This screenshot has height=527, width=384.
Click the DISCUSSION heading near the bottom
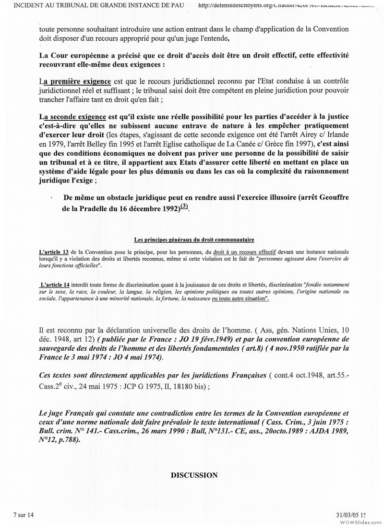[x=194, y=475]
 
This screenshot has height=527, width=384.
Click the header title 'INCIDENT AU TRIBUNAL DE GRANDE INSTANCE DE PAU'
[x=104, y=6]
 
